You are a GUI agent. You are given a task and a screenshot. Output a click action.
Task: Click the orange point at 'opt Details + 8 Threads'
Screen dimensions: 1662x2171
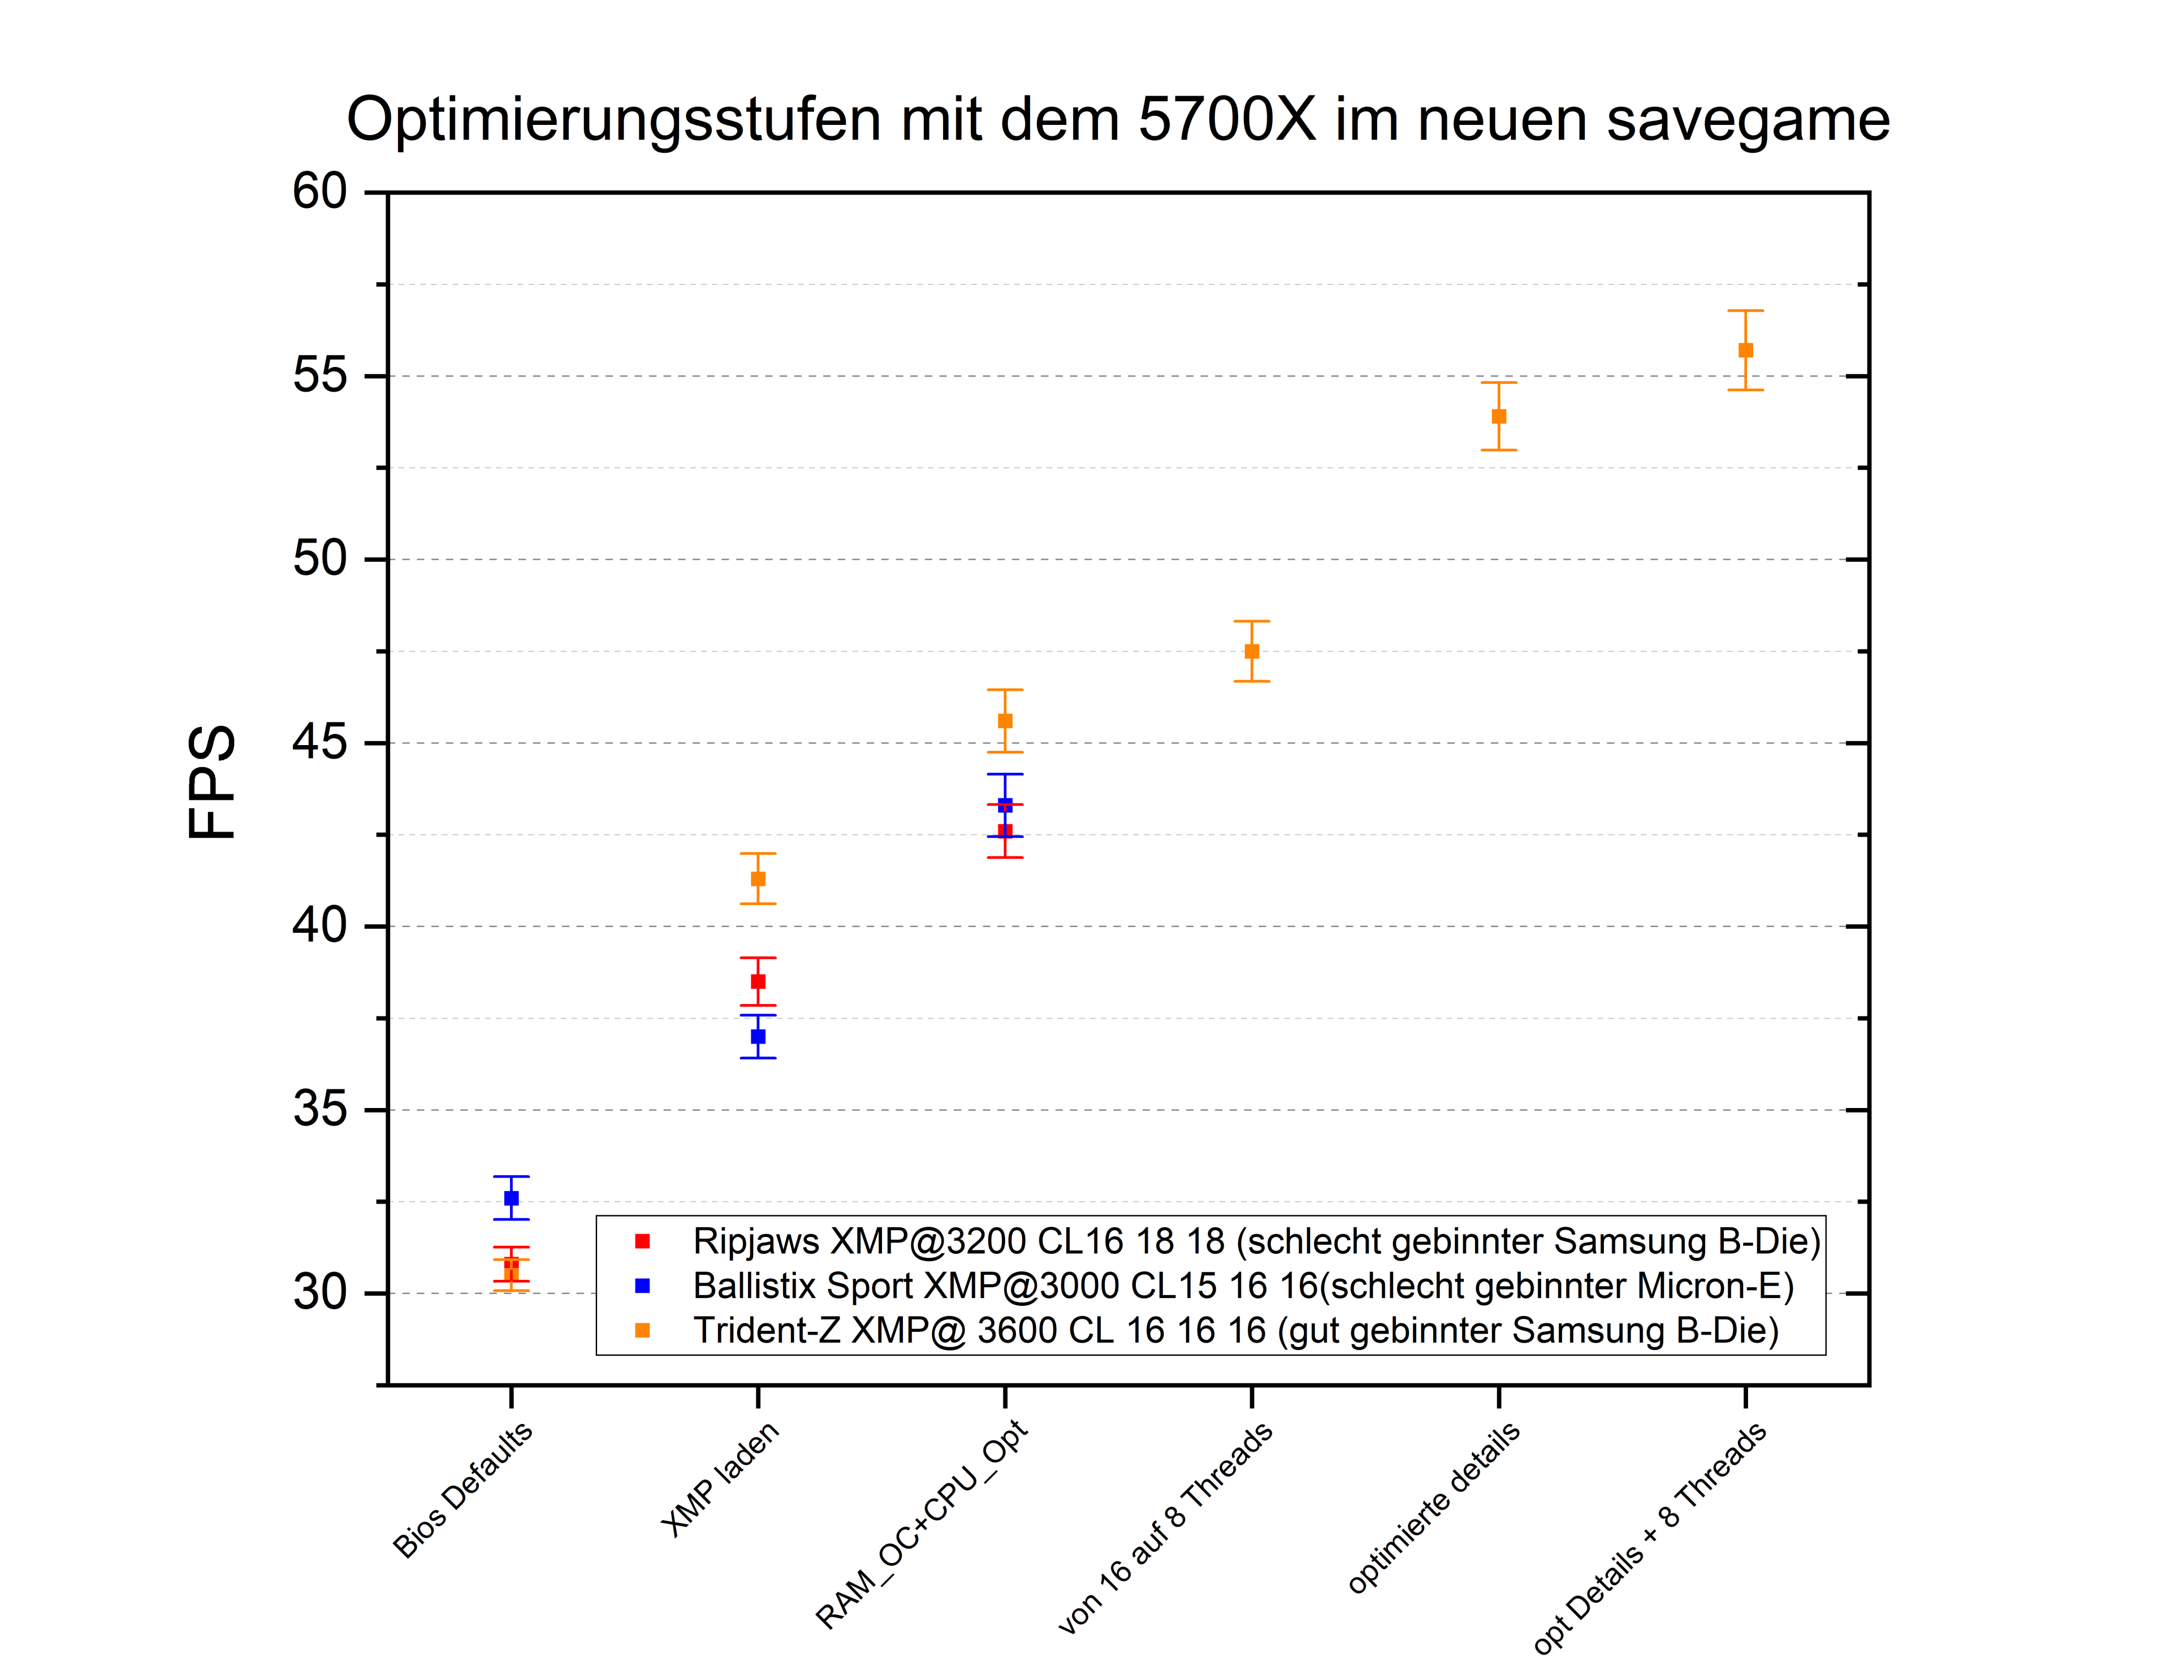pos(1745,350)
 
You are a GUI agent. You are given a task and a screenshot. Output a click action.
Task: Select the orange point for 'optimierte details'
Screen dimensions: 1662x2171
pos(1499,417)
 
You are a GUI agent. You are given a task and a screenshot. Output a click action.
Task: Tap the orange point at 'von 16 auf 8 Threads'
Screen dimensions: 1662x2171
pos(1252,651)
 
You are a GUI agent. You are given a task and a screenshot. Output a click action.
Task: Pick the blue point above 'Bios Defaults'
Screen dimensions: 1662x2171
pos(512,1198)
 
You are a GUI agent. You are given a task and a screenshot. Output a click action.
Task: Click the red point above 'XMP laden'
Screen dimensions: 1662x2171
pos(758,981)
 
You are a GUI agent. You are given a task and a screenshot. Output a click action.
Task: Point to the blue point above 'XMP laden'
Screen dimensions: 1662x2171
pos(758,1037)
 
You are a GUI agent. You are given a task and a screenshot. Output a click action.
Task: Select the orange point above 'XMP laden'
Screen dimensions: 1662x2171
pos(758,878)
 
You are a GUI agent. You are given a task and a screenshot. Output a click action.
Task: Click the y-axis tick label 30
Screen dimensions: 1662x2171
pos(319,1293)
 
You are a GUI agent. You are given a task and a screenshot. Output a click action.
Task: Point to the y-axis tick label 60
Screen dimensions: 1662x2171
pos(319,192)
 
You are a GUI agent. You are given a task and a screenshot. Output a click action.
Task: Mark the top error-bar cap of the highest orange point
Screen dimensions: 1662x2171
pos(1745,311)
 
